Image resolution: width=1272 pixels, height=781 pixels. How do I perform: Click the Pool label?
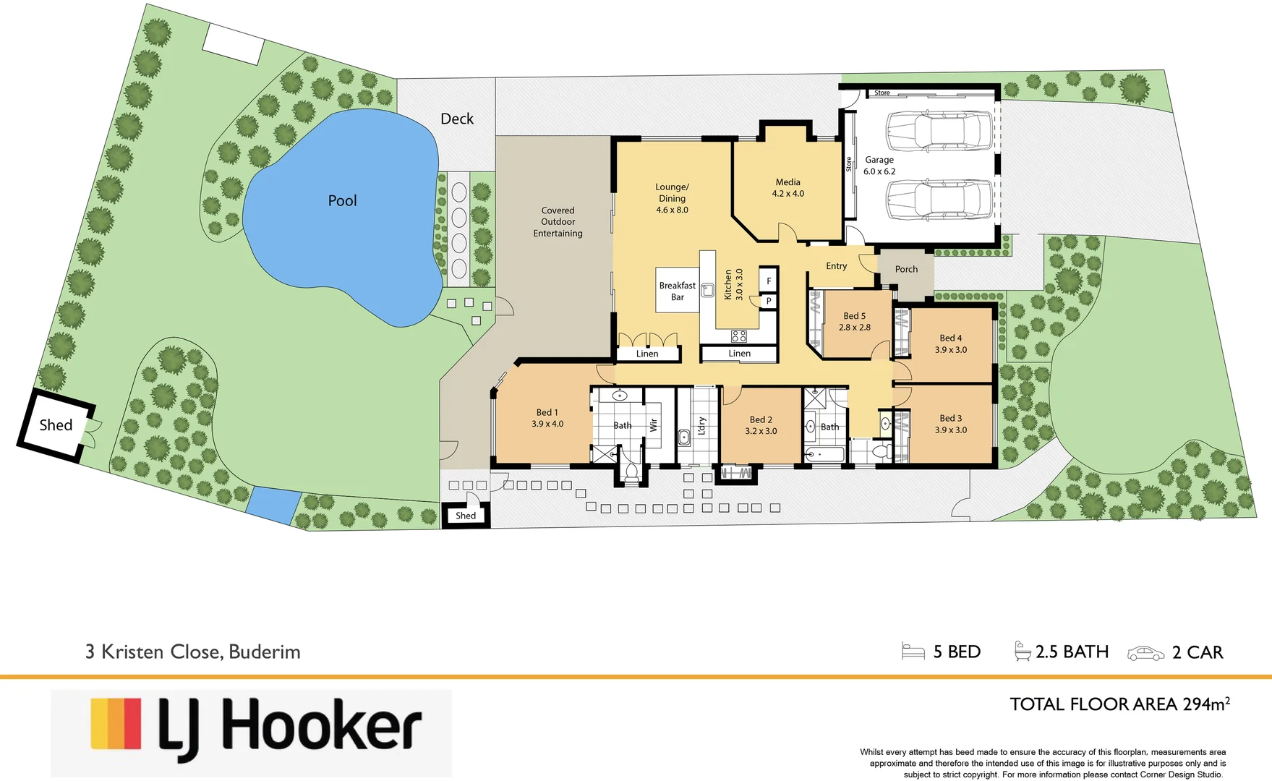click(x=342, y=201)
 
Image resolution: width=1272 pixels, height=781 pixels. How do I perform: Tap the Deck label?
click(x=457, y=119)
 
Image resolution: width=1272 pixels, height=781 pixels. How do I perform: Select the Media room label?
click(x=787, y=188)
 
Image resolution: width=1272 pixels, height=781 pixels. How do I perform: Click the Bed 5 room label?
click(x=854, y=322)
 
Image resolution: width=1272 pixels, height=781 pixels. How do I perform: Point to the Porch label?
click(x=906, y=269)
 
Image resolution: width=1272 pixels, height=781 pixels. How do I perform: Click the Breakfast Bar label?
click(x=677, y=291)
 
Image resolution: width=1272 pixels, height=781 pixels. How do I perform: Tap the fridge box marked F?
click(x=768, y=281)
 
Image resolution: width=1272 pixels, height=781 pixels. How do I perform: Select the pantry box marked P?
click(x=768, y=301)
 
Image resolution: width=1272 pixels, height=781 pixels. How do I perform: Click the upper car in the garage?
click(x=939, y=130)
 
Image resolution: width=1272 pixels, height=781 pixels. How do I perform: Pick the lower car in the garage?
click(x=939, y=200)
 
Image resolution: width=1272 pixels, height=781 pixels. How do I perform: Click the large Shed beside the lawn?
click(x=56, y=425)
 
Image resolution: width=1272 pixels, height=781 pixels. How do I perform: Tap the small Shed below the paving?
click(x=466, y=516)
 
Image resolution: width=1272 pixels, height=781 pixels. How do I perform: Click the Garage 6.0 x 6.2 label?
click(x=879, y=166)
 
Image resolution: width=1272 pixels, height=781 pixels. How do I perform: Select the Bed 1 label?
click(x=547, y=418)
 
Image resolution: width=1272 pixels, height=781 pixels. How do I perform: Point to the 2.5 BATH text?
click(x=1072, y=652)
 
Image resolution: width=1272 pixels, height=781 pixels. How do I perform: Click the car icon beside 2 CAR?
click(x=1145, y=653)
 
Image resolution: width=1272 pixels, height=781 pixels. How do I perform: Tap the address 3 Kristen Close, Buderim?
click(x=192, y=652)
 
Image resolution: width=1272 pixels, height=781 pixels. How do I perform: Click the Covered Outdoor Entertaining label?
click(x=558, y=222)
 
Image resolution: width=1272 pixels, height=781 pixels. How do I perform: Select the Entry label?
click(x=836, y=266)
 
